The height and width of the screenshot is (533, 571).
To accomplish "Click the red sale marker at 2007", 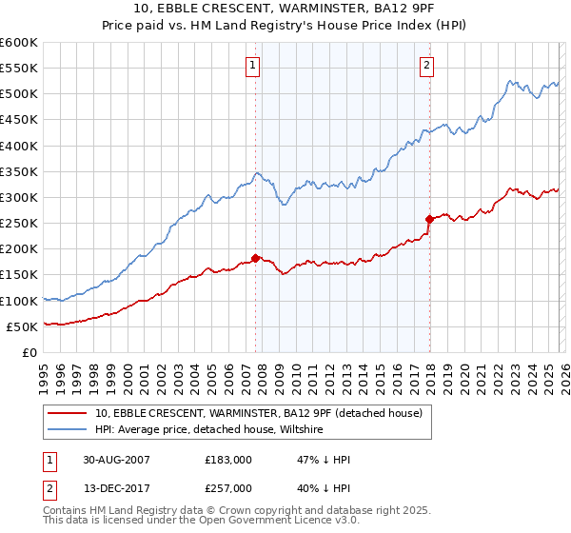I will pyautogui.click(x=256, y=257).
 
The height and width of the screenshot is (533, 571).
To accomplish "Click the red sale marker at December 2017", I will pyautogui.click(x=429, y=219).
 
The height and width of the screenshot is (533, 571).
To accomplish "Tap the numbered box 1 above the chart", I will pyautogui.click(x=253, y=66).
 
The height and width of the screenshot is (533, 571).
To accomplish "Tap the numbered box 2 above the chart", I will pyautogui.click(x=426, y=66).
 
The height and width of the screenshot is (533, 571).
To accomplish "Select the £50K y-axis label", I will pyautogui.click(x=23, y=326).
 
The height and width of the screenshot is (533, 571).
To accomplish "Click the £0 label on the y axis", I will pyautogui.click(x=30, y=352).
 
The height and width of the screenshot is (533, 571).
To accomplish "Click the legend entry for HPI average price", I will pyautogui.click(x=209, y=430).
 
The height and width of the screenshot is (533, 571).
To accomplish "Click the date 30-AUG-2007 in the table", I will pyautogui.click(x=116, y=460).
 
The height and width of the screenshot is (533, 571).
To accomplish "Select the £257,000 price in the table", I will pyautogui.click(x=228, y=487).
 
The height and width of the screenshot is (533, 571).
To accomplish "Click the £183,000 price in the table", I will pyautogui.click(x=228, y=460).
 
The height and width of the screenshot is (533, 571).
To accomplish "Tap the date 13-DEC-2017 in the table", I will pyautogui.click(x=116, y=487).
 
